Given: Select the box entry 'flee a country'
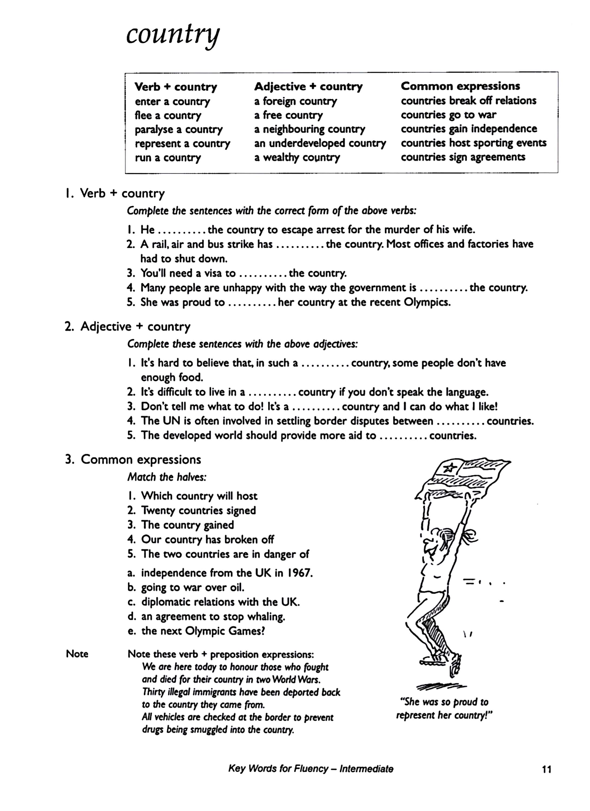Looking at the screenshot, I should tap(168, 115).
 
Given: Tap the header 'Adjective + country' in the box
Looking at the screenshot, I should tap(308, 87).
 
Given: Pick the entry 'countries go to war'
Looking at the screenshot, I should tap(448, 115).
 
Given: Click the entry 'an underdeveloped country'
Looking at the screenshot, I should tap(320, 143).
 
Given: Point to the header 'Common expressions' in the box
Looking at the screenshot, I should tap(460, 86).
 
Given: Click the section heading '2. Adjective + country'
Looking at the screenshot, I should tap(127, 327).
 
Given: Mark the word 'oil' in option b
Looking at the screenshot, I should tap(237, 587).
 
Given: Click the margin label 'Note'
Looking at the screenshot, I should tap(77, 654).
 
